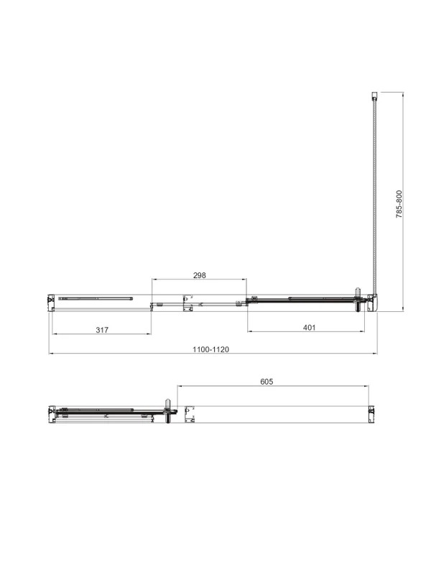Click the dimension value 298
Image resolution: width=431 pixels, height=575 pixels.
[200, 275]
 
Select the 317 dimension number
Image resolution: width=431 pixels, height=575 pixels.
[102, 330]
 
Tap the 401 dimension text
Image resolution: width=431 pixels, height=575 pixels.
[310, 328]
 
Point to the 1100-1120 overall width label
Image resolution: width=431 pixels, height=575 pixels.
[210, 349]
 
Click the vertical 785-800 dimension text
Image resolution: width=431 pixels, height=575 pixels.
[399, 204]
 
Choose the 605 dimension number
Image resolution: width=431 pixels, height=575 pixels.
[267, 382]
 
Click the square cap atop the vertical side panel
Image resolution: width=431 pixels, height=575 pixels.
[374, 96]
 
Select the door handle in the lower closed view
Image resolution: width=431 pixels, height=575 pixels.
[168, 411]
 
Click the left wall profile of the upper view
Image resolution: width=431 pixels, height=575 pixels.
[51, 303]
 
